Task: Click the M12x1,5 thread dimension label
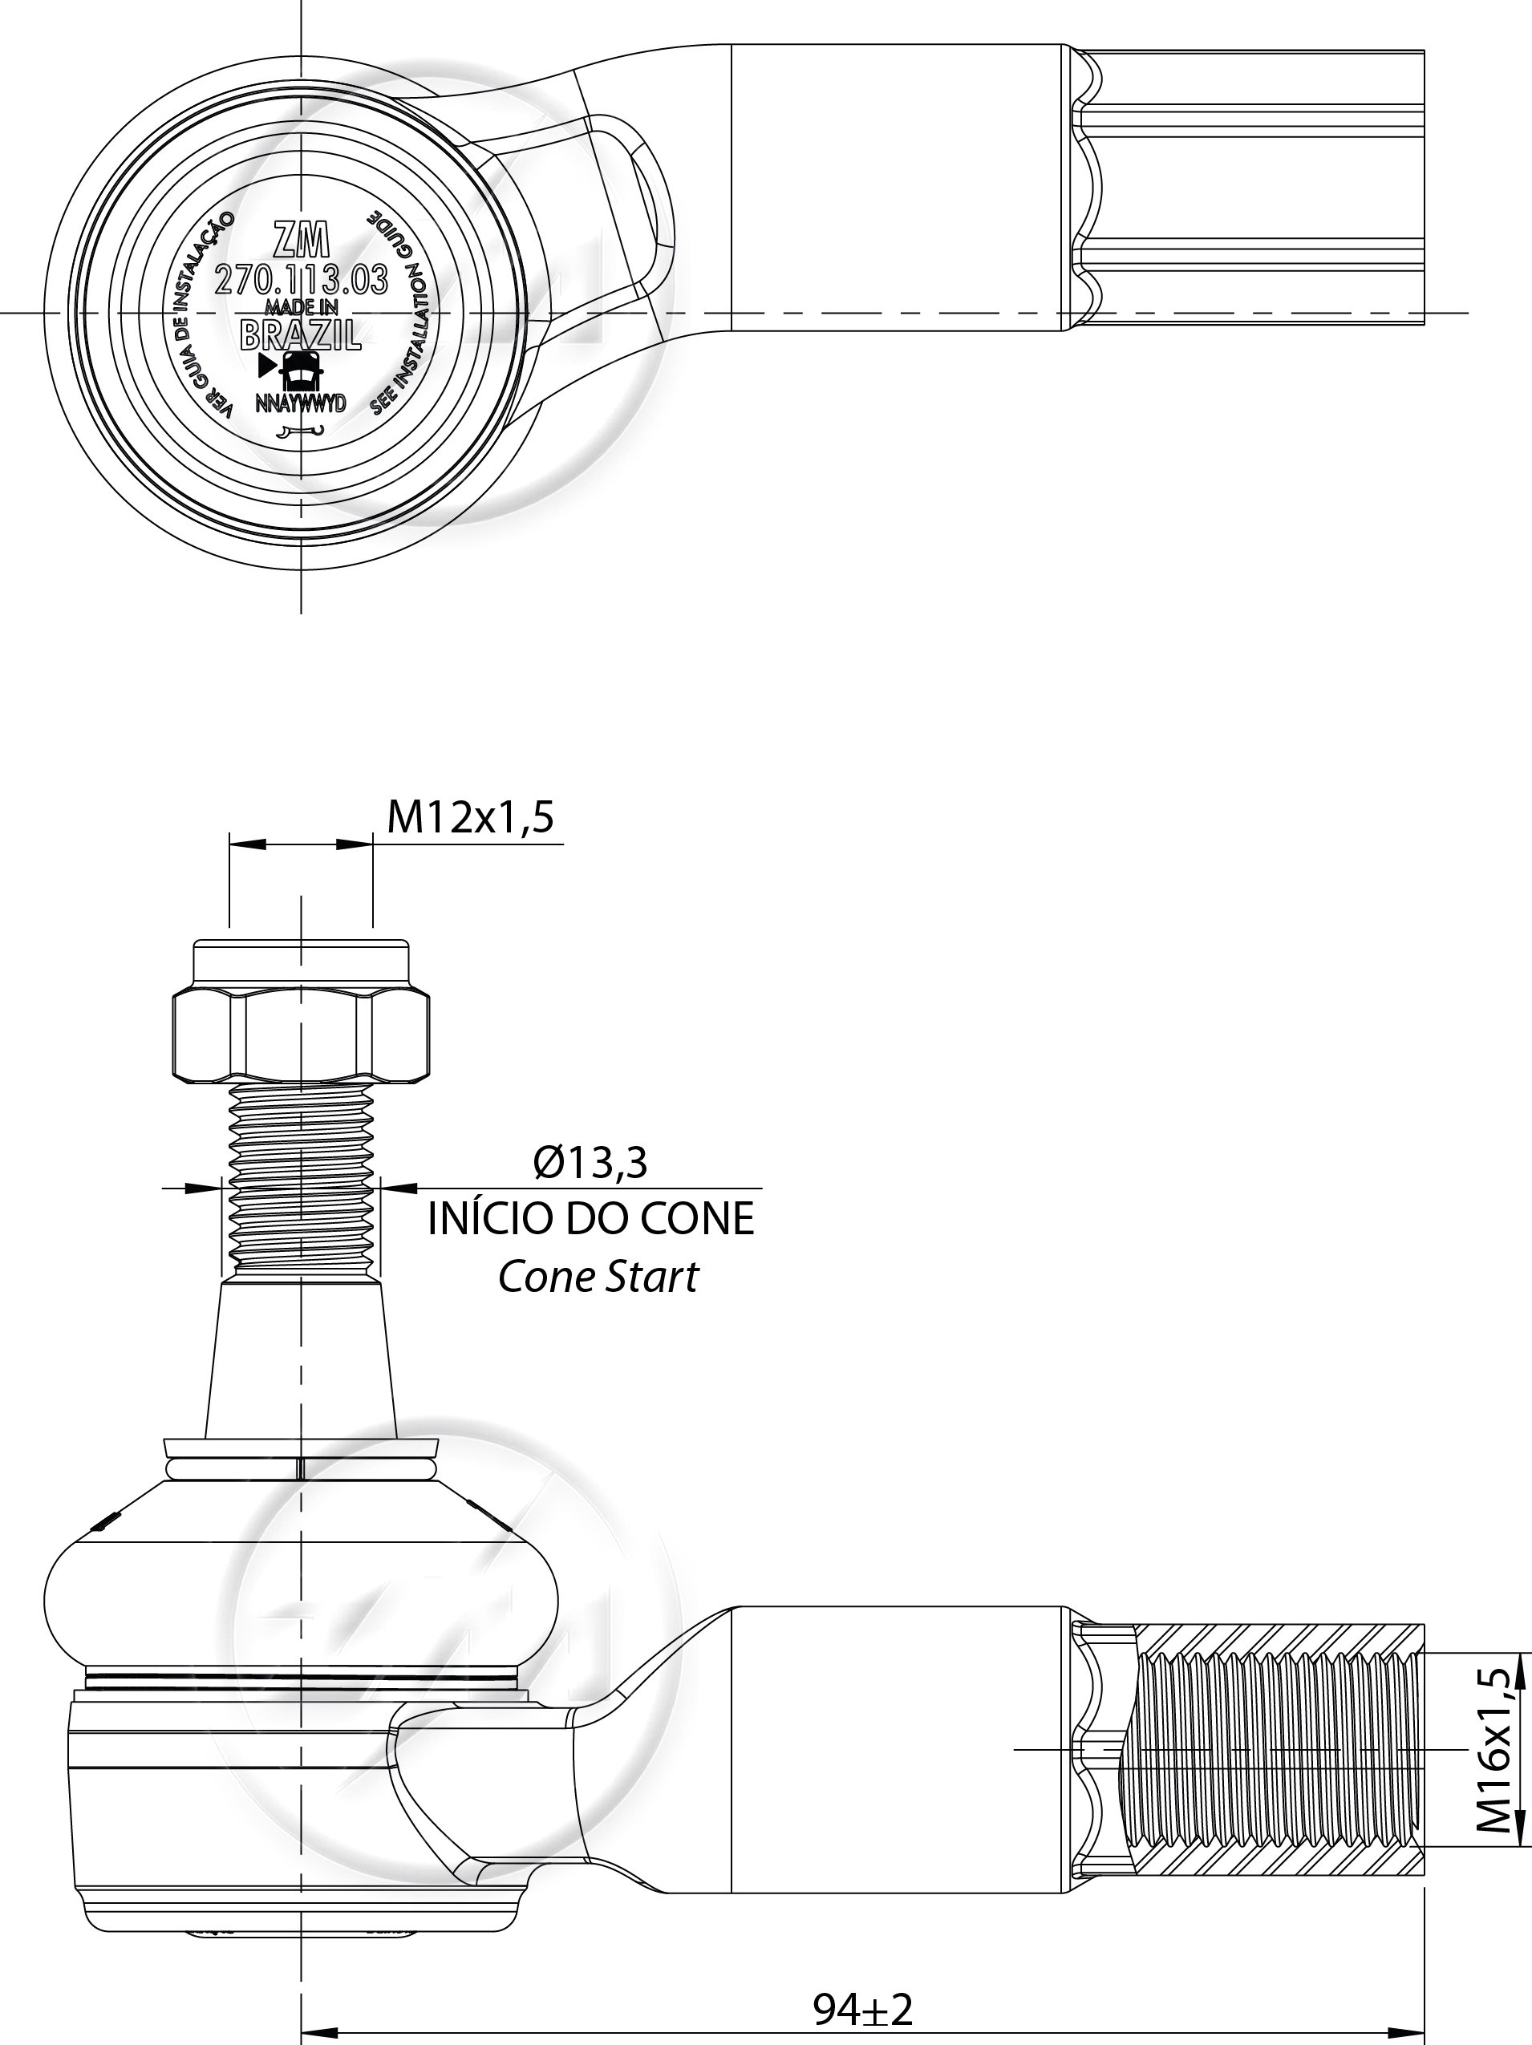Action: (470, 817)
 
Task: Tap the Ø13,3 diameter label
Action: (590, 1162)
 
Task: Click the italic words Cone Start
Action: (598, 1277)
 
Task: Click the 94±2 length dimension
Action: (862, 2001)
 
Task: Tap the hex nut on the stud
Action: (301, 1035)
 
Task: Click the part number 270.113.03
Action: (302, 280)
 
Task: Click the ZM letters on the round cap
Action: (302, 241)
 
